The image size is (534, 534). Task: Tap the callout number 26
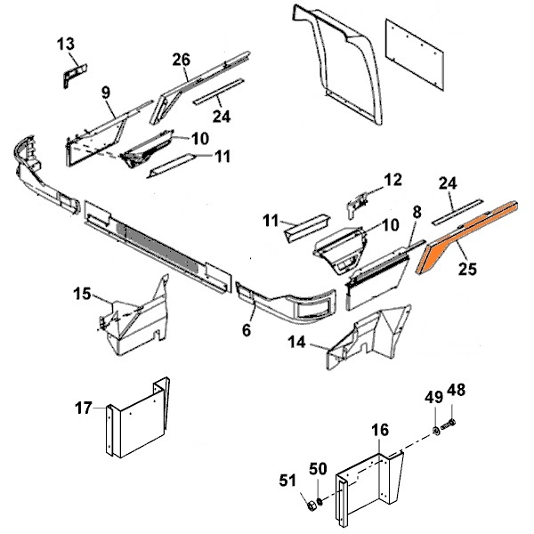[x=182, y=61]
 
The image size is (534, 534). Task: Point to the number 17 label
[x=83, y=409]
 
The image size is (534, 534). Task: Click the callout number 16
[x=380, y=430]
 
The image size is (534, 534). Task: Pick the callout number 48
[x=455, y=389]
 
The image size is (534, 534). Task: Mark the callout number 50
[x=317, y=468]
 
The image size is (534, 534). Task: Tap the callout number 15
[x=81, y=293]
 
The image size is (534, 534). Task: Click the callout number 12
[x=392, y=181]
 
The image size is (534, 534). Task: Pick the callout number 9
[x=105, y=92]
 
